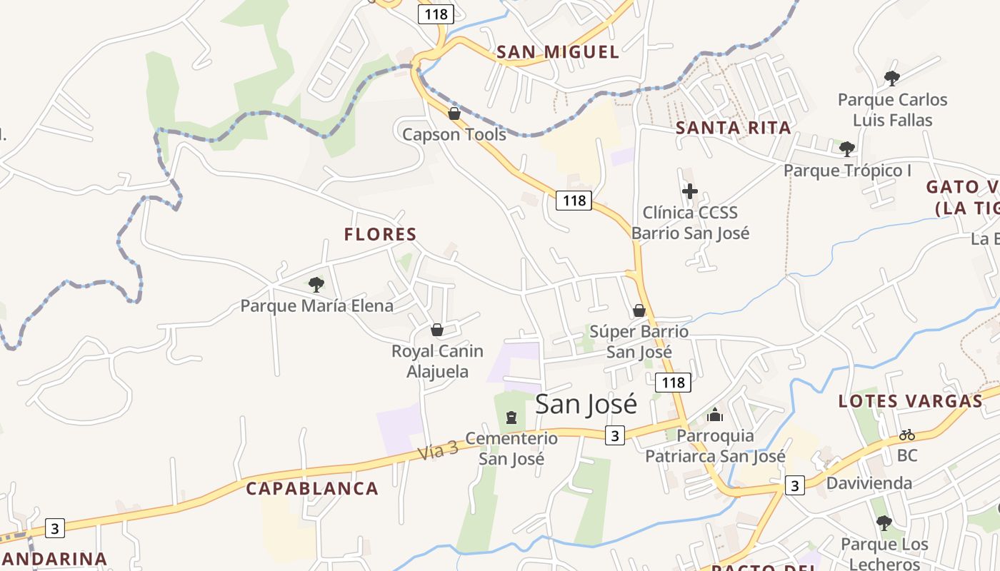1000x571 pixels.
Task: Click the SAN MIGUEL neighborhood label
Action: coord(557,52)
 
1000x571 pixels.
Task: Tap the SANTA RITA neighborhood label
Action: coord(733,128)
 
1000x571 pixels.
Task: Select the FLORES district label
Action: coord(380,234)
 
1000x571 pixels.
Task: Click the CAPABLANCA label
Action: coord(312,489)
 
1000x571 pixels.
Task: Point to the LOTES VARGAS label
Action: coord(910,401)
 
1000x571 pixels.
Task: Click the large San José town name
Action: coord(586,404)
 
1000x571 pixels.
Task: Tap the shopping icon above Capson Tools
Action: coord(454,113)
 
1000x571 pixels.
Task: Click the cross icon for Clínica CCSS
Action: coord(690,191)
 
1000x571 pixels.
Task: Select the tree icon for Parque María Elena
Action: coord(316,285)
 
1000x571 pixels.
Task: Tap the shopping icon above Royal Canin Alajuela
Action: coord(436,330)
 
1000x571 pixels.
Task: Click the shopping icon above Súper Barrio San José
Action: coord(639,310)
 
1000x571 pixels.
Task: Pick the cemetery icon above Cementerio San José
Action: coord(511,417)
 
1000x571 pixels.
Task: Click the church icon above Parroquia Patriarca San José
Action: coord(715,415)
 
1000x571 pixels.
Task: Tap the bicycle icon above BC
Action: coord(906,434)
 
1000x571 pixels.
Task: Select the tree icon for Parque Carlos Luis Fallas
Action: coord(891,78)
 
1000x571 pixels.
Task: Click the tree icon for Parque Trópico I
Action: coord(847,149)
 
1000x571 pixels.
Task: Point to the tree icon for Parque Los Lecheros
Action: coord(884,523)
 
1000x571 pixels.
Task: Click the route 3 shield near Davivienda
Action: coord(794,486)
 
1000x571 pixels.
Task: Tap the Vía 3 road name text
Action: coord(437,450)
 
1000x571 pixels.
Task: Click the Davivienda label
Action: coord(869,483)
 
